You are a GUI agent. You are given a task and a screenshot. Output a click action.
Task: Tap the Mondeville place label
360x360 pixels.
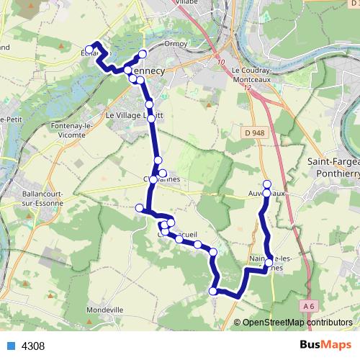(x=104, y=309)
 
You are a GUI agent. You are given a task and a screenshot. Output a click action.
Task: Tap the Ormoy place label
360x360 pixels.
(x=176, y=43)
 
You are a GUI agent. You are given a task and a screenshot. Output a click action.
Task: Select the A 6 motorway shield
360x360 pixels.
(x=310, y=306)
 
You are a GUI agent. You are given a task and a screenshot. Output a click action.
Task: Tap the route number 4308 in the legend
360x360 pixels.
(x=33, y=346)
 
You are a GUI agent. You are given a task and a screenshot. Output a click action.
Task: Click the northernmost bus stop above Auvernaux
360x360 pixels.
(x=266, y=184)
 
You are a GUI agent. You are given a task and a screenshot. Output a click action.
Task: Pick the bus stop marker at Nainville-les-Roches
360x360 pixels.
(x=269, y=264)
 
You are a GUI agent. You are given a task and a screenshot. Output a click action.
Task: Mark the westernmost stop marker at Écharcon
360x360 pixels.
(x=89, y=50)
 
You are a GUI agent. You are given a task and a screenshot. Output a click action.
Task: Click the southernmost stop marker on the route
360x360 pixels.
(x=212, y=291)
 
